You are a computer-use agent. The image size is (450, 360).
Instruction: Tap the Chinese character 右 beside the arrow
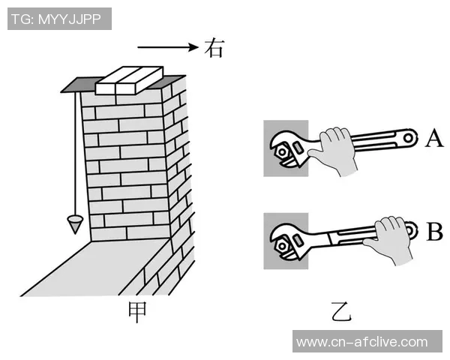[x=214, y=48]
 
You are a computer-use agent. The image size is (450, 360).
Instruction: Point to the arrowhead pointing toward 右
[x=193, y=47]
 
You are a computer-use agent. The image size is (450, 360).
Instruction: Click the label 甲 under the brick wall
[x=137, y=312]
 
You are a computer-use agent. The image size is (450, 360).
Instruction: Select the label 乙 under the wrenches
[x=341, y=311]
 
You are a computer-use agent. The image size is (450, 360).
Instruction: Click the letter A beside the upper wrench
[x=434, y=138]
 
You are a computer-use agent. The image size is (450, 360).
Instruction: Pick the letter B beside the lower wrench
[x=434, y=231]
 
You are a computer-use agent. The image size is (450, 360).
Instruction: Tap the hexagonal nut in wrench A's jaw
[x=282, y=151]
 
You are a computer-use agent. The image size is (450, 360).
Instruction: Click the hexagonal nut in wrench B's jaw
[x=282, y=246]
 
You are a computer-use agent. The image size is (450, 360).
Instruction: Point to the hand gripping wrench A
[x=334, y=150]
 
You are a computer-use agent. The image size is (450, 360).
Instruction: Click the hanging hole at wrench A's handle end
[x=408, y=138]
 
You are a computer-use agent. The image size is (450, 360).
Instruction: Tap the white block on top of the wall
[x=129, y=80]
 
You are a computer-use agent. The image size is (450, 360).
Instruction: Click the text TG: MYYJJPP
[x=56, y=19]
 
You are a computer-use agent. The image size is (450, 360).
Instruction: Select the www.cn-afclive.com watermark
[x=362, y=342]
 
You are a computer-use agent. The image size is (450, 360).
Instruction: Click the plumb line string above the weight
[x=76, y=154]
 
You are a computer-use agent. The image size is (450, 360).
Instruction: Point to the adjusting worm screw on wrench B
[x=298, y=241]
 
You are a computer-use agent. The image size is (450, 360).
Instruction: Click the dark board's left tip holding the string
[x=61, y=91]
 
